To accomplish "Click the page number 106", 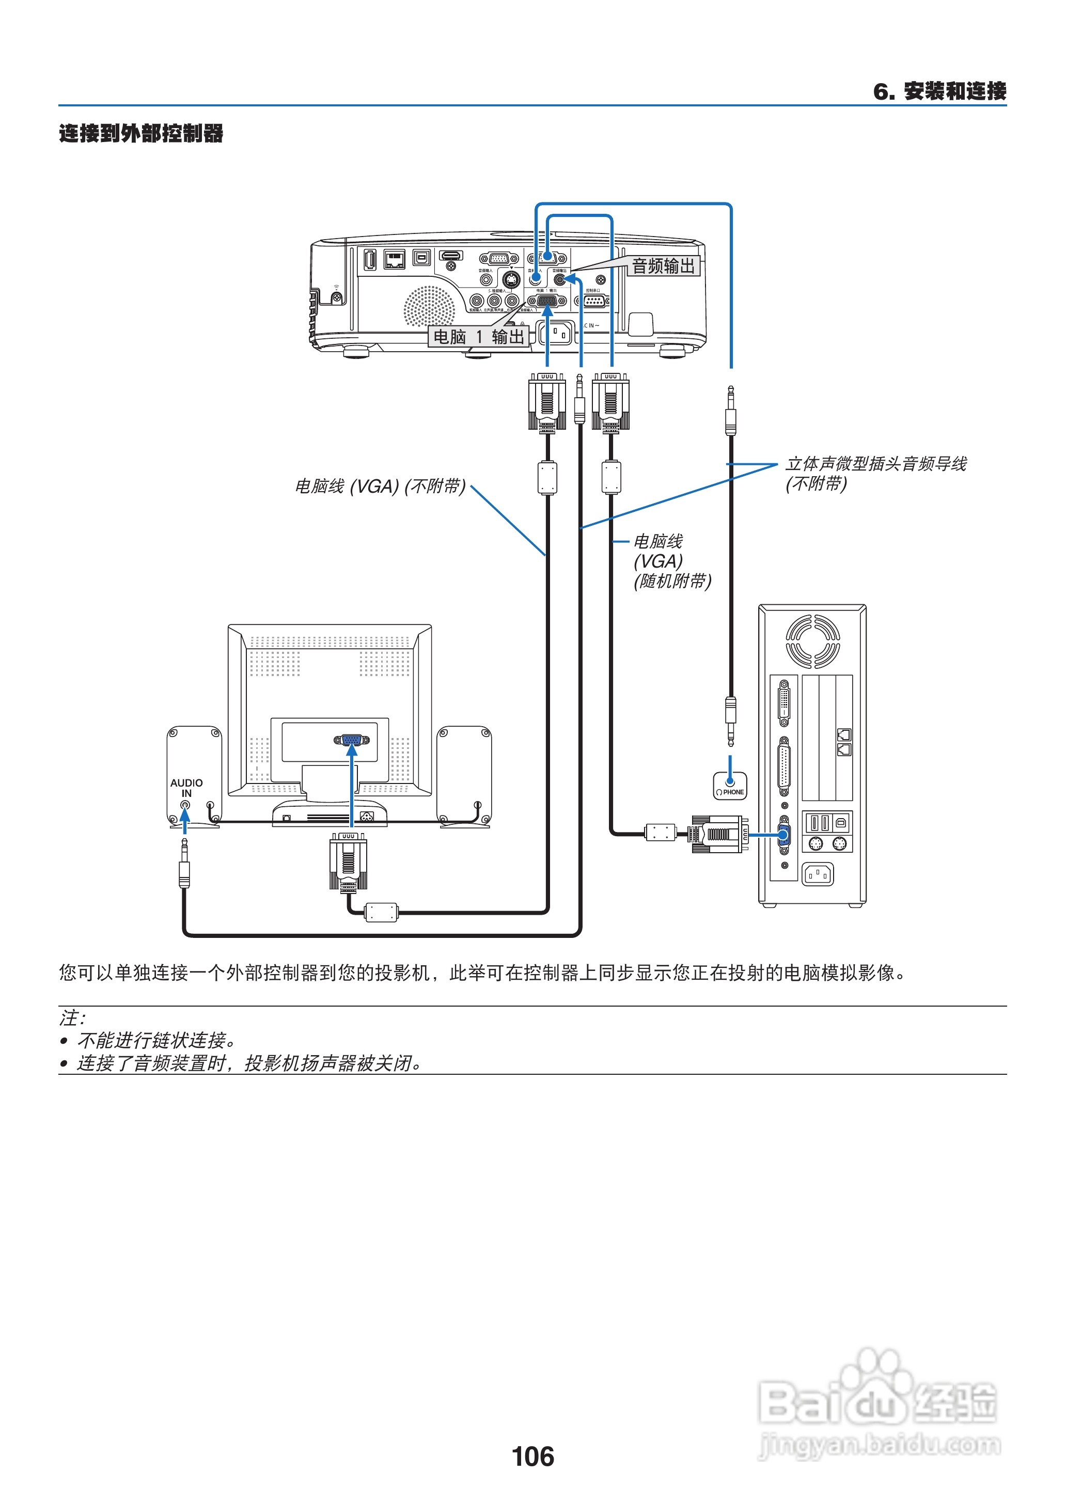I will point(532,1456).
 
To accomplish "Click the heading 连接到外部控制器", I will point(141,133).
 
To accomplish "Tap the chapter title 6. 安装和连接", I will point(939,91).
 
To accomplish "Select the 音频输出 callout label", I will point(663,266).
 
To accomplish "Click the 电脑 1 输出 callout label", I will point(479,337).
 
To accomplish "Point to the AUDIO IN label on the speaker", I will point(186,788).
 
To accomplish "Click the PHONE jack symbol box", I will point(730,786).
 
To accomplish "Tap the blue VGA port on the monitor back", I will point(352,740).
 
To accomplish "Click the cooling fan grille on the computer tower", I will point(812,641).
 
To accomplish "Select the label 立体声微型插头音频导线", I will point(875,464).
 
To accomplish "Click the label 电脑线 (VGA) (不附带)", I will point(380,487).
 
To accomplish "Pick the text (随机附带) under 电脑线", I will point(672,582).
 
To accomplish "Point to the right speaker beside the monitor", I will point(464,775).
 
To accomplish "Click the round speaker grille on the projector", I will point(429,306).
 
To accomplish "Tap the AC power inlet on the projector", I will point(557,333).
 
